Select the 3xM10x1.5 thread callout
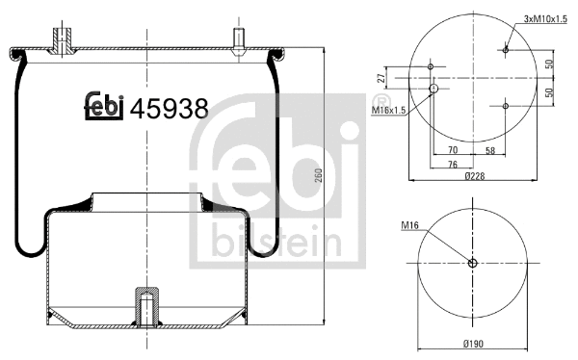coord(543,19)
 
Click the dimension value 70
coord(452,151)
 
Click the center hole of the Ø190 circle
coord(472,265)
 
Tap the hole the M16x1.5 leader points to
coord(433,88)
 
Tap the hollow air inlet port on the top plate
coord(65,39)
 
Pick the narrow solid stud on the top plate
coord(237,39)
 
